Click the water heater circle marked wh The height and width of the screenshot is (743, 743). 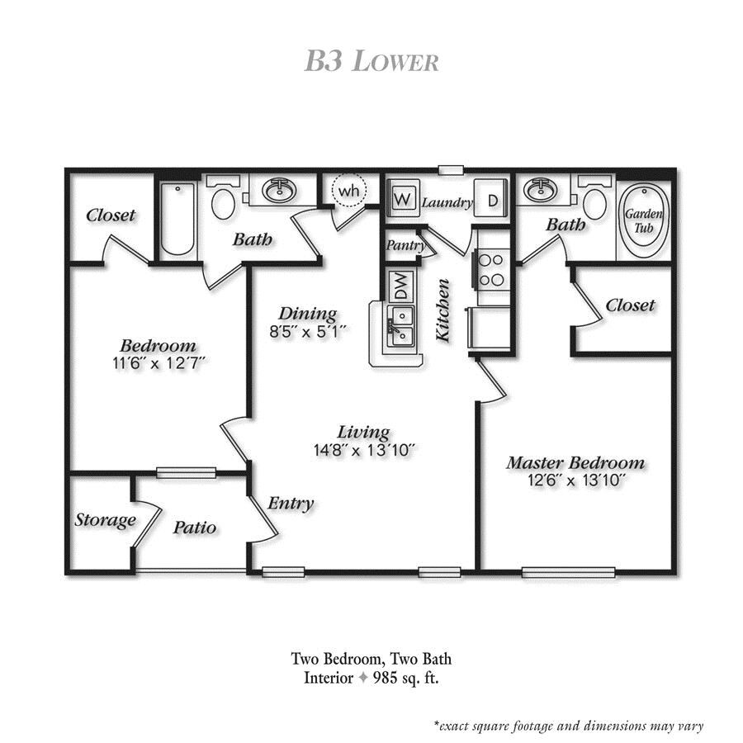click(349, 191)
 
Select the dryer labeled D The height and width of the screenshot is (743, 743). click(491, 200)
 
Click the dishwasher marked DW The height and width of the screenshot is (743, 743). click(401, 286)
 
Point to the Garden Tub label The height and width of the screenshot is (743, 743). click(643, 220)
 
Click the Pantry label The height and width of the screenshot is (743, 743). click(405, 245)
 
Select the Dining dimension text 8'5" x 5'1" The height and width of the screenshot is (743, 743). click(308, 331)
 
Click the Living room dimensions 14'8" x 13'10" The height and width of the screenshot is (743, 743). click(364, 450)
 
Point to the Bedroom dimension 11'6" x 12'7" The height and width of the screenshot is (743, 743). click(159, 363)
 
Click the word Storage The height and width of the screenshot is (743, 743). click(105, 520)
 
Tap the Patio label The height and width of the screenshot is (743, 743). click(194, 527)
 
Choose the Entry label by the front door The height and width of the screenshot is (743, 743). click(291, 504)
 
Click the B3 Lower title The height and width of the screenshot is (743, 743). click(371, 61)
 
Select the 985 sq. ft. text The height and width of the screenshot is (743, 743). click(405, 678)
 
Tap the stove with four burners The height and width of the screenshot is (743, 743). click(491, 270)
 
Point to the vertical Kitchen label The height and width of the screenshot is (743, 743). click(442, 310)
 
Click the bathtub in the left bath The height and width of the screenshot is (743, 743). click(177, 219)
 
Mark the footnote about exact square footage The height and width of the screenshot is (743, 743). click(569, 725)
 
